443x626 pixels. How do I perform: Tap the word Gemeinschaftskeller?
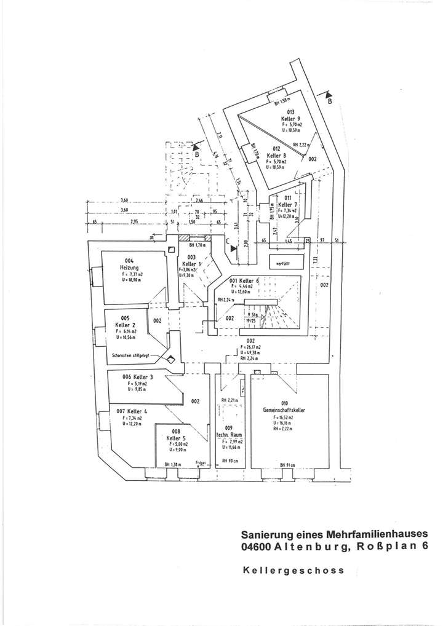(285, 410)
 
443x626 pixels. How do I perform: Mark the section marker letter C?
(227, 242)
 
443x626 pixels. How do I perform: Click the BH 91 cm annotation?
(288, 464)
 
